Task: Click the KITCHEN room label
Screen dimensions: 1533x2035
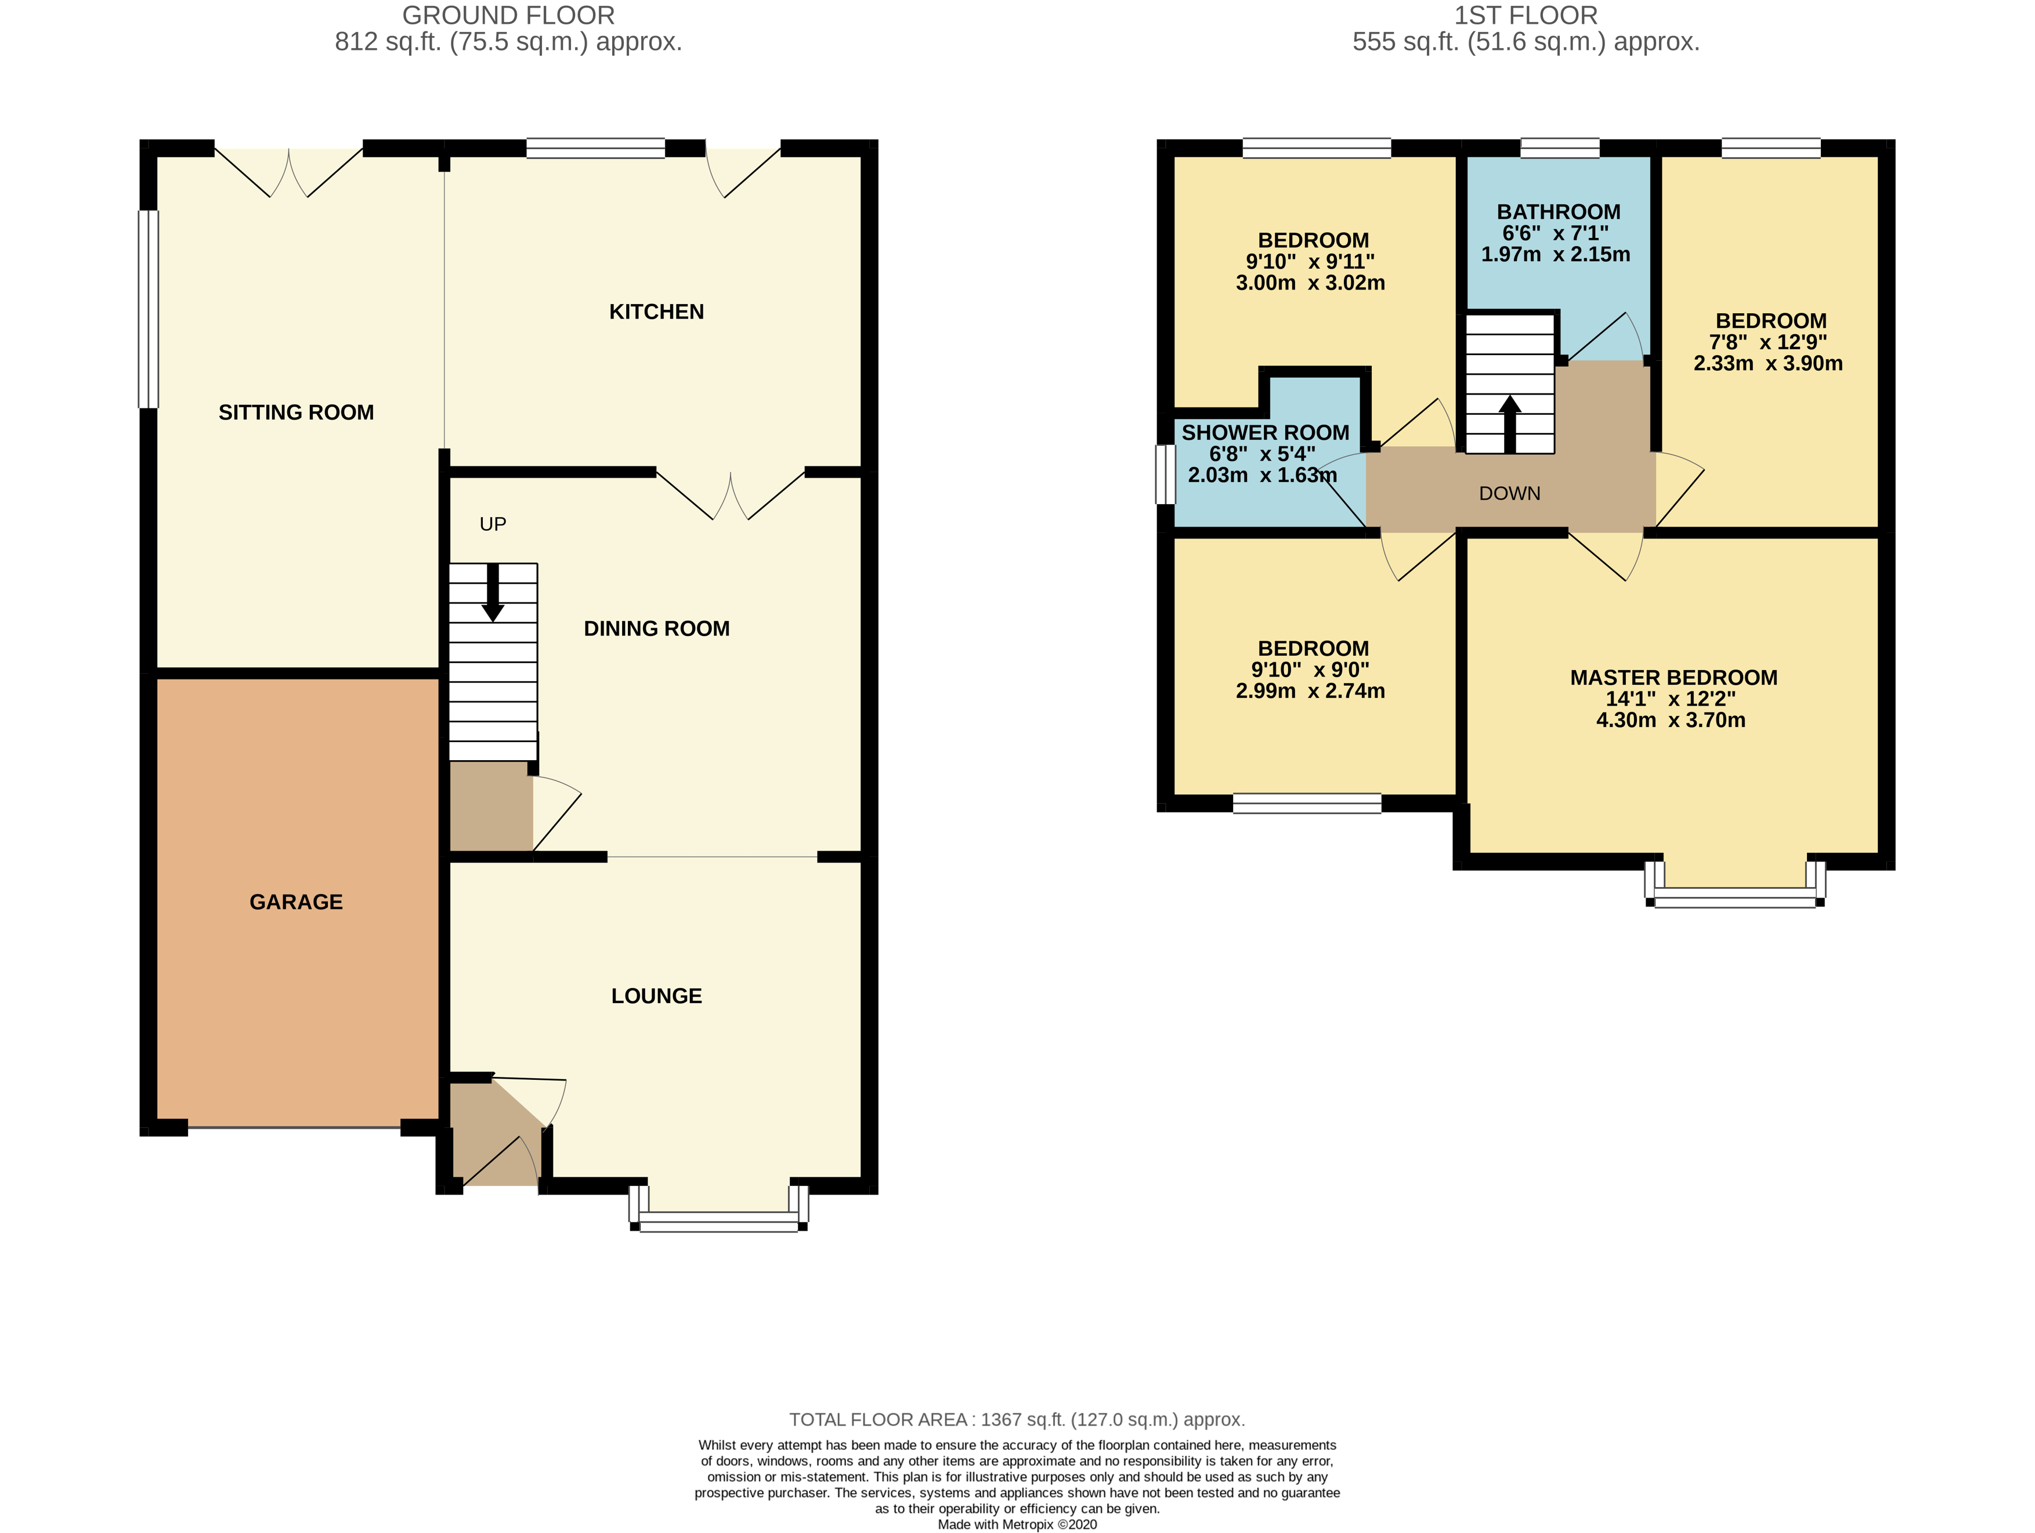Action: [x=656, y=312]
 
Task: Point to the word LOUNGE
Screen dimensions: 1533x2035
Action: [x=656, y=996]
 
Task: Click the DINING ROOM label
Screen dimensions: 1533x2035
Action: [x=656, y=628]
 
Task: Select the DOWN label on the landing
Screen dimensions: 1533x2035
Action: [x=1510, y=493]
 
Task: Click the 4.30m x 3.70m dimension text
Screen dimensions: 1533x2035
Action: [x=1670, y=721]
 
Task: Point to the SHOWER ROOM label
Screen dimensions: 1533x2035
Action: [x=1265, y=432]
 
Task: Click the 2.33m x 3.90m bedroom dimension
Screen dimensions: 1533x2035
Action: [x=1767, y=363]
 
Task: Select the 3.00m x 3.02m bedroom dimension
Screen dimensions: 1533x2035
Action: [x=1310, y=283]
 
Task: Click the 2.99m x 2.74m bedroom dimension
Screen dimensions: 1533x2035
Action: [x=1310, y=691]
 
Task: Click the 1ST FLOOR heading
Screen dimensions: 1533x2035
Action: [x=1526, y=16]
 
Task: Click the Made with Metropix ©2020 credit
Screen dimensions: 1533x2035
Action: [x=1017, y=1525]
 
